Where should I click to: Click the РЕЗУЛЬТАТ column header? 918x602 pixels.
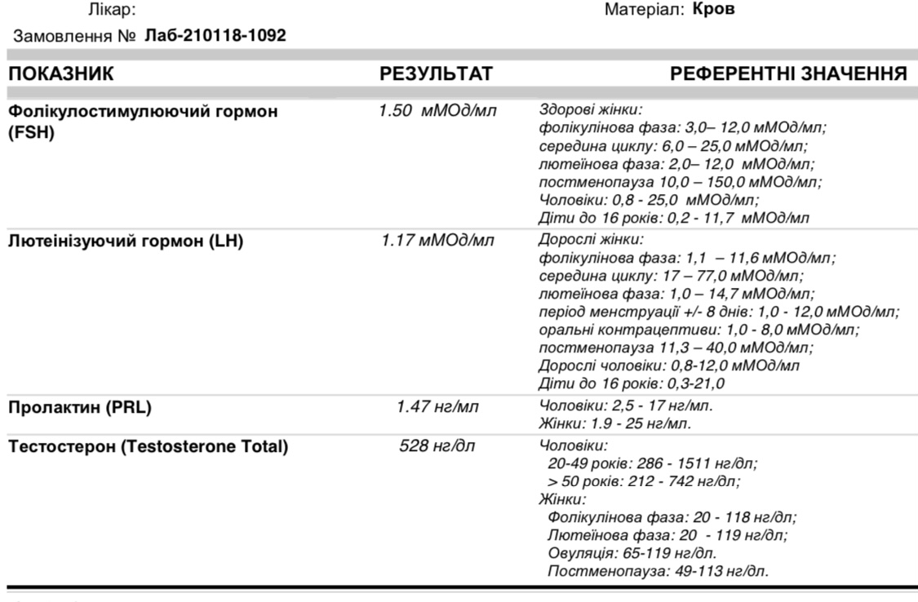pos(436,75)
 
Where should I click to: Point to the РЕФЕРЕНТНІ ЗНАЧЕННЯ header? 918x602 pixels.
pos(788,75)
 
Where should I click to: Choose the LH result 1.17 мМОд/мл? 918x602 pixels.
pos(436,242)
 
